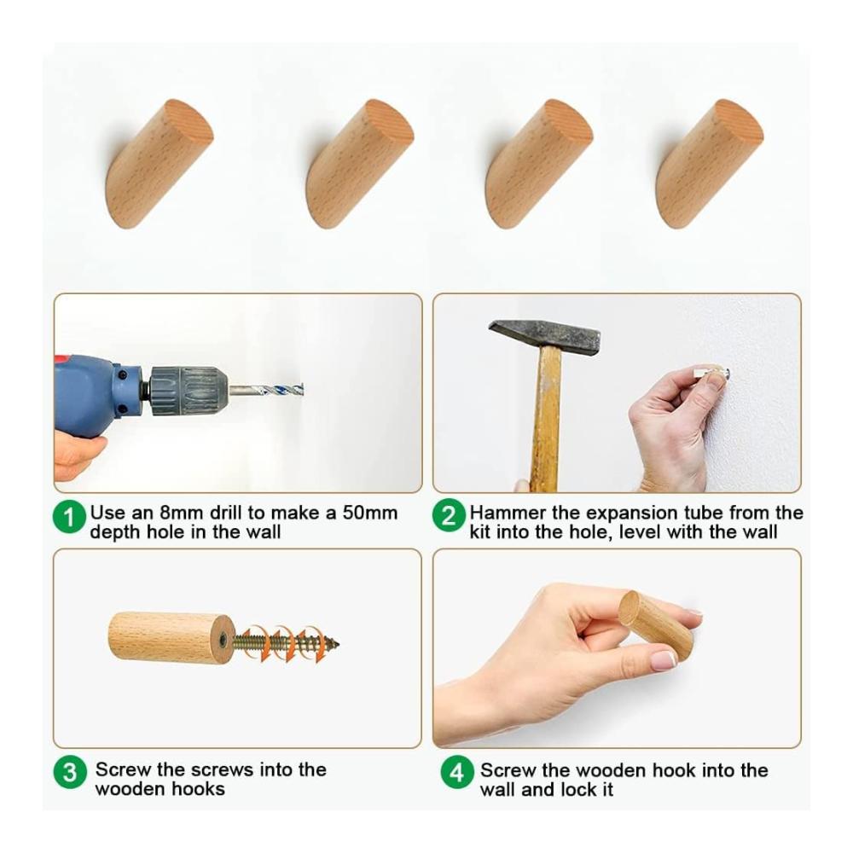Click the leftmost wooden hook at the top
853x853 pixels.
point(159,163)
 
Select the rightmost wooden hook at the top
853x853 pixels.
point(710,163)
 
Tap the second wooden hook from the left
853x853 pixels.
point(360,163)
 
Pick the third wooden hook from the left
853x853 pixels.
point(538,163)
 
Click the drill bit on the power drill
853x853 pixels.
point(266,390)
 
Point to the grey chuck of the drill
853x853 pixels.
point(189,392)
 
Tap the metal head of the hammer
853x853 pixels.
point(544,337)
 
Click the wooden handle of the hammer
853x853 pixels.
point(546,419)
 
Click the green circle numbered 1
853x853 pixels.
point(70,517)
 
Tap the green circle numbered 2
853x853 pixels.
point(449,515)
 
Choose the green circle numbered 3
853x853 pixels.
point(70,772)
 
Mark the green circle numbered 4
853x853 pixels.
point(457,772)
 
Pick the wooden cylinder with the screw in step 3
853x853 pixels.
point(172,638)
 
